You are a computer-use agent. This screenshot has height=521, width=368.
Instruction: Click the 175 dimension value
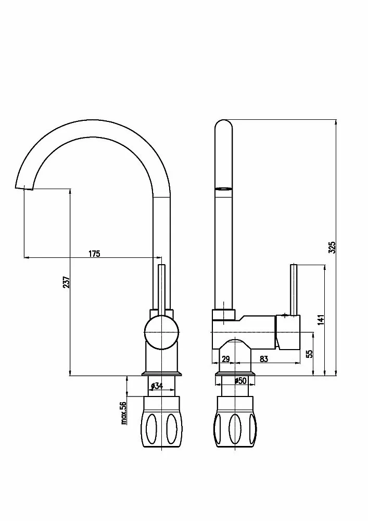(x=94, y=254)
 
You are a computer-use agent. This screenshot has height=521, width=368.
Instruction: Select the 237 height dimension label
(x=67, y=282)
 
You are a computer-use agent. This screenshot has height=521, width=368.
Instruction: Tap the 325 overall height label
(x=332, y=247)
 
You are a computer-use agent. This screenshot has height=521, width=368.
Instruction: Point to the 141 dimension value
(x=321, y=320)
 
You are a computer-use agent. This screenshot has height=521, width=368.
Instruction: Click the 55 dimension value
(x=309, y=354)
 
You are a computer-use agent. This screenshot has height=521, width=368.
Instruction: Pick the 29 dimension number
(x=226, y=359)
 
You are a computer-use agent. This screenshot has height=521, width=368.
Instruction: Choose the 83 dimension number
(x=264, y=359)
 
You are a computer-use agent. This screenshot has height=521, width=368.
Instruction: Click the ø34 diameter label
(x=157, y=386)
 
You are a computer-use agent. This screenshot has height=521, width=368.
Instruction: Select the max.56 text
(x=124, y=413)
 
